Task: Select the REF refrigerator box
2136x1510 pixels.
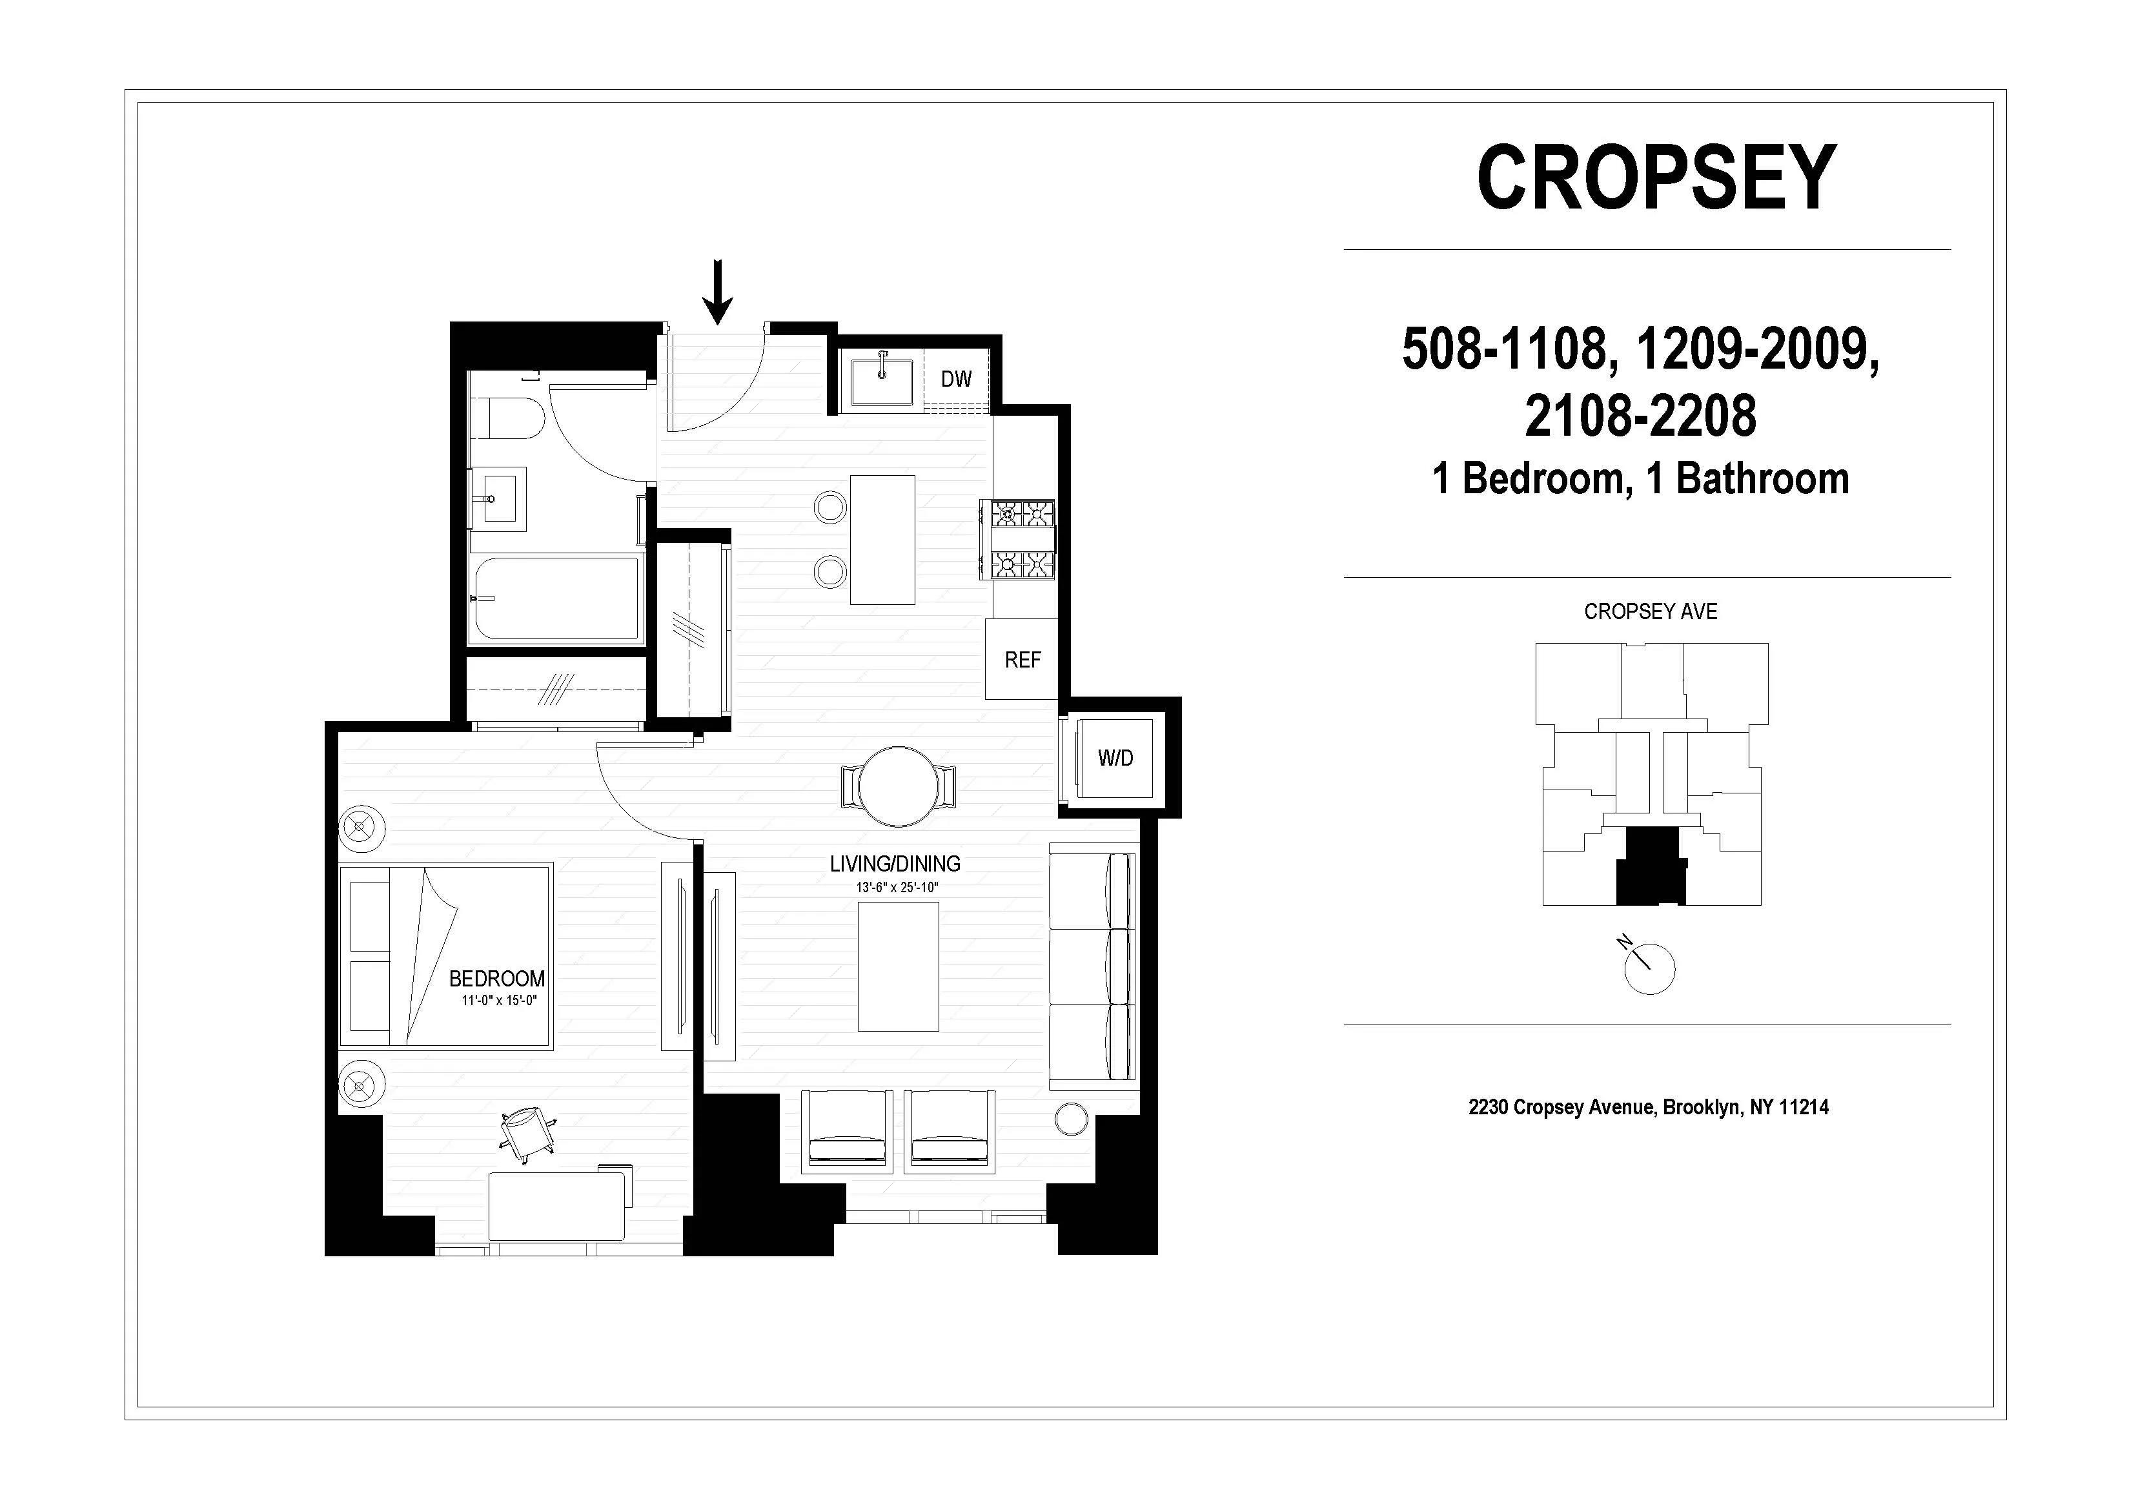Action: point(1021,660)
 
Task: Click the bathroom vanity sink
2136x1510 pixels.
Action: point(498,498)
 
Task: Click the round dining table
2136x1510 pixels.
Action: point(898,786)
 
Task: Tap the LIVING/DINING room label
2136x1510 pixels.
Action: point(895,863)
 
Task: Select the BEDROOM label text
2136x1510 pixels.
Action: point(497,979)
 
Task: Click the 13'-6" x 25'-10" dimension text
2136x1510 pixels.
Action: point(897,888)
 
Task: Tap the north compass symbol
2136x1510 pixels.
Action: point(1649,968)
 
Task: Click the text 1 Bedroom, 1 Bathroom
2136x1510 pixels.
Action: point(1640,479)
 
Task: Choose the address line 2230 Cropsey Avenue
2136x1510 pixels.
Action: point(1647,1107)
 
